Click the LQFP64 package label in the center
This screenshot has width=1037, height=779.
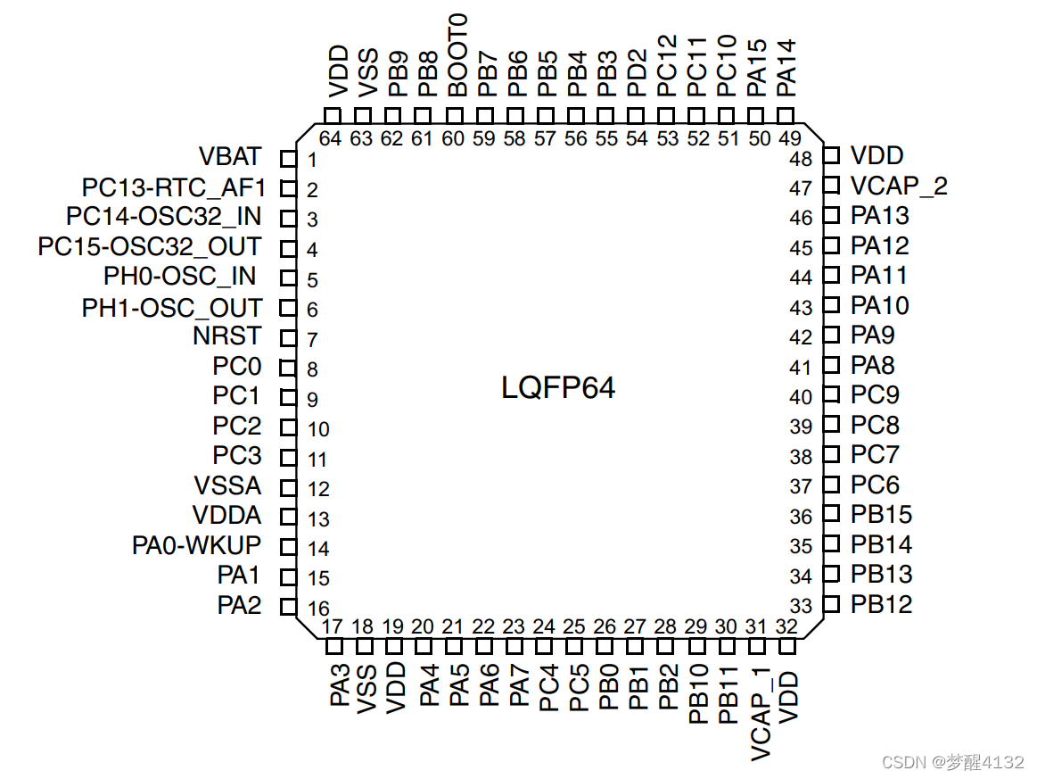(x=558, y=388)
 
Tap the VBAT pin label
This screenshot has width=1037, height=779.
(x=230, y=157)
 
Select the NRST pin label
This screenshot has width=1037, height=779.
(x=227, y=336)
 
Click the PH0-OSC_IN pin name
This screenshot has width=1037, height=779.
(x=178, y=277)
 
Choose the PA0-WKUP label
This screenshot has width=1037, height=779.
(x=196, y=545)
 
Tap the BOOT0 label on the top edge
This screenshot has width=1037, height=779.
(x=457, y=55)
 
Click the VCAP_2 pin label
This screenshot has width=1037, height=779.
(x=899, y=186)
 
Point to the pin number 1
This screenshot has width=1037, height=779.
(x=313, y=161)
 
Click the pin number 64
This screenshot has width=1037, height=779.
(x=331, y=138)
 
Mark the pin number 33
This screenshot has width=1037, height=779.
(x=801, y=607)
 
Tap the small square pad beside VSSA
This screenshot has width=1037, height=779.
(x=287, y=487)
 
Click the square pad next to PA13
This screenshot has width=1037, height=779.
(x=831, y=215)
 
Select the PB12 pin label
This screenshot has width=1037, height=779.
(x=881, y=604)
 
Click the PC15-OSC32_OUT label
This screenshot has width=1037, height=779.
(x=150, y=247)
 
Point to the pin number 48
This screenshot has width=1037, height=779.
(x=801, y=159)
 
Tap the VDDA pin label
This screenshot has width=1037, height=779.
(x=226, y=516)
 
